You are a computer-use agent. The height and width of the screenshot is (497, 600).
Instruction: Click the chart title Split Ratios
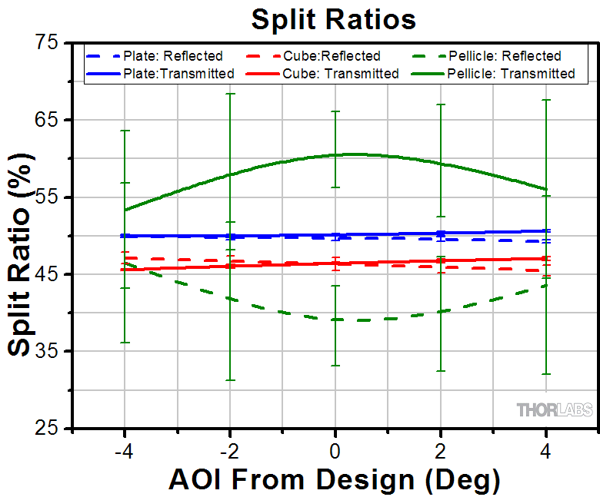tap(333, 19)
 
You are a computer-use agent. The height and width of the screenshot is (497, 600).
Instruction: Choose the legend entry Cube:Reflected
tap(332, 56)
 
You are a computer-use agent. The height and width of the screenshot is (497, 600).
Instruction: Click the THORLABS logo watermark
tap(555, 410)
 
